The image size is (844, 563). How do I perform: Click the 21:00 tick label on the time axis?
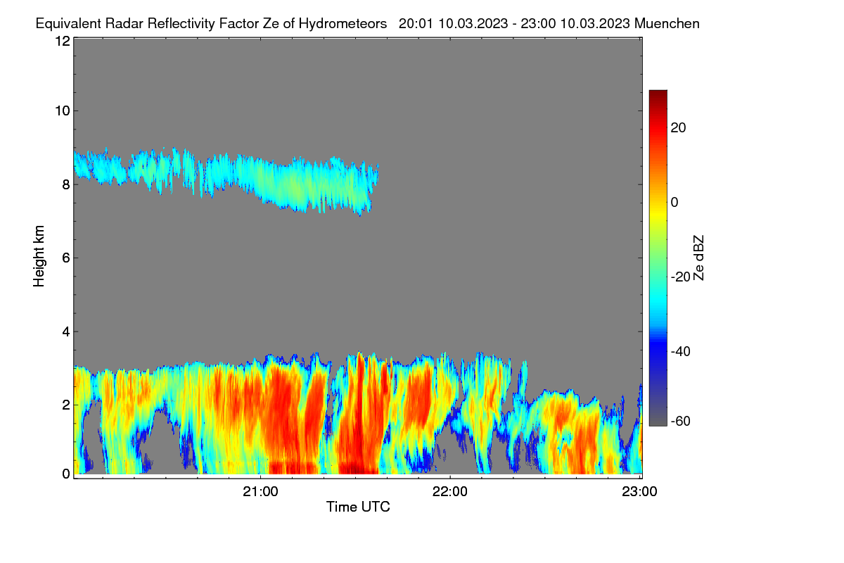260,492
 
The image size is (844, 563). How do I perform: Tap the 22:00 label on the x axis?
450,492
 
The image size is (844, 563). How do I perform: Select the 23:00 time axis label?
639,492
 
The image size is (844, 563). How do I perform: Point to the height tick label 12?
63,41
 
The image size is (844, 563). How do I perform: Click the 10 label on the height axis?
63,111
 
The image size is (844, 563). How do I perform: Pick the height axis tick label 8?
66,185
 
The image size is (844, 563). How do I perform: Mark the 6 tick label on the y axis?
66,258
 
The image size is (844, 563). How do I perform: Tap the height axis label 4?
66,332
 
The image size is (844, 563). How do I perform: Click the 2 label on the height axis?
66,405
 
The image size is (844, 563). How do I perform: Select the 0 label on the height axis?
66,474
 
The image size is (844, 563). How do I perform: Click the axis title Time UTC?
358,507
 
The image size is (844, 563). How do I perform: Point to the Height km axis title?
39,256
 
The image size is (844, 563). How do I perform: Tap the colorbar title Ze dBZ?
698,258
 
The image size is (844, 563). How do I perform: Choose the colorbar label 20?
678,128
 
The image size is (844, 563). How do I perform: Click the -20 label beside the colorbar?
681,277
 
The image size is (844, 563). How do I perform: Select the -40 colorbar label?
681,351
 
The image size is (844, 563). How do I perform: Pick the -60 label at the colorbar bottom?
681,422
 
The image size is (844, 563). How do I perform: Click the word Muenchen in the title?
667,24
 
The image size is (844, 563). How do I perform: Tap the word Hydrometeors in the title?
343,24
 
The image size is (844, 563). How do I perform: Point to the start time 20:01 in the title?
416,24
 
